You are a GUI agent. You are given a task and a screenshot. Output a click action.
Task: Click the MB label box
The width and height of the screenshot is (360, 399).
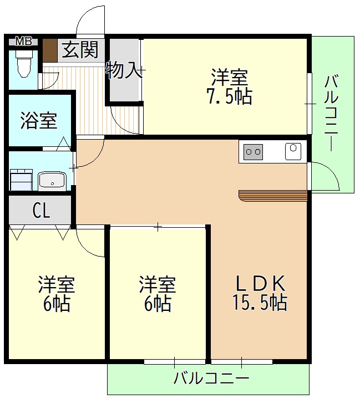click(23, 41)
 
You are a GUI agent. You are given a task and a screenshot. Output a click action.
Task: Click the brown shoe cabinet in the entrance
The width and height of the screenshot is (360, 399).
click(50, 50)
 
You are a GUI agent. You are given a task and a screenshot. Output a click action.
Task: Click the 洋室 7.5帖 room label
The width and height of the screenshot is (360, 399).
click(229, 86)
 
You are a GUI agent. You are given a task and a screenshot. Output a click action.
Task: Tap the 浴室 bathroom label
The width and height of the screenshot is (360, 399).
click(39, 120)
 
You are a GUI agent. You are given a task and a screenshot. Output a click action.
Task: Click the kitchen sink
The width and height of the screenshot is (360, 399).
click(292, 151)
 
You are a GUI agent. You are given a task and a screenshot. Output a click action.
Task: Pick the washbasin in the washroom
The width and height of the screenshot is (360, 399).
click(53, 180)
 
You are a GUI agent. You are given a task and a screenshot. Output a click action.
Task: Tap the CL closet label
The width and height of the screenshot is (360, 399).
click(42, 211)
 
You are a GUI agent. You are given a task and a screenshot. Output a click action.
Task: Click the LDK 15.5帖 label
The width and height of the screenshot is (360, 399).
click(258, 293)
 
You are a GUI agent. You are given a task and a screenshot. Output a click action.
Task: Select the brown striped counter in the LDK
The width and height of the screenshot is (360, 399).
click(273, 195)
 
